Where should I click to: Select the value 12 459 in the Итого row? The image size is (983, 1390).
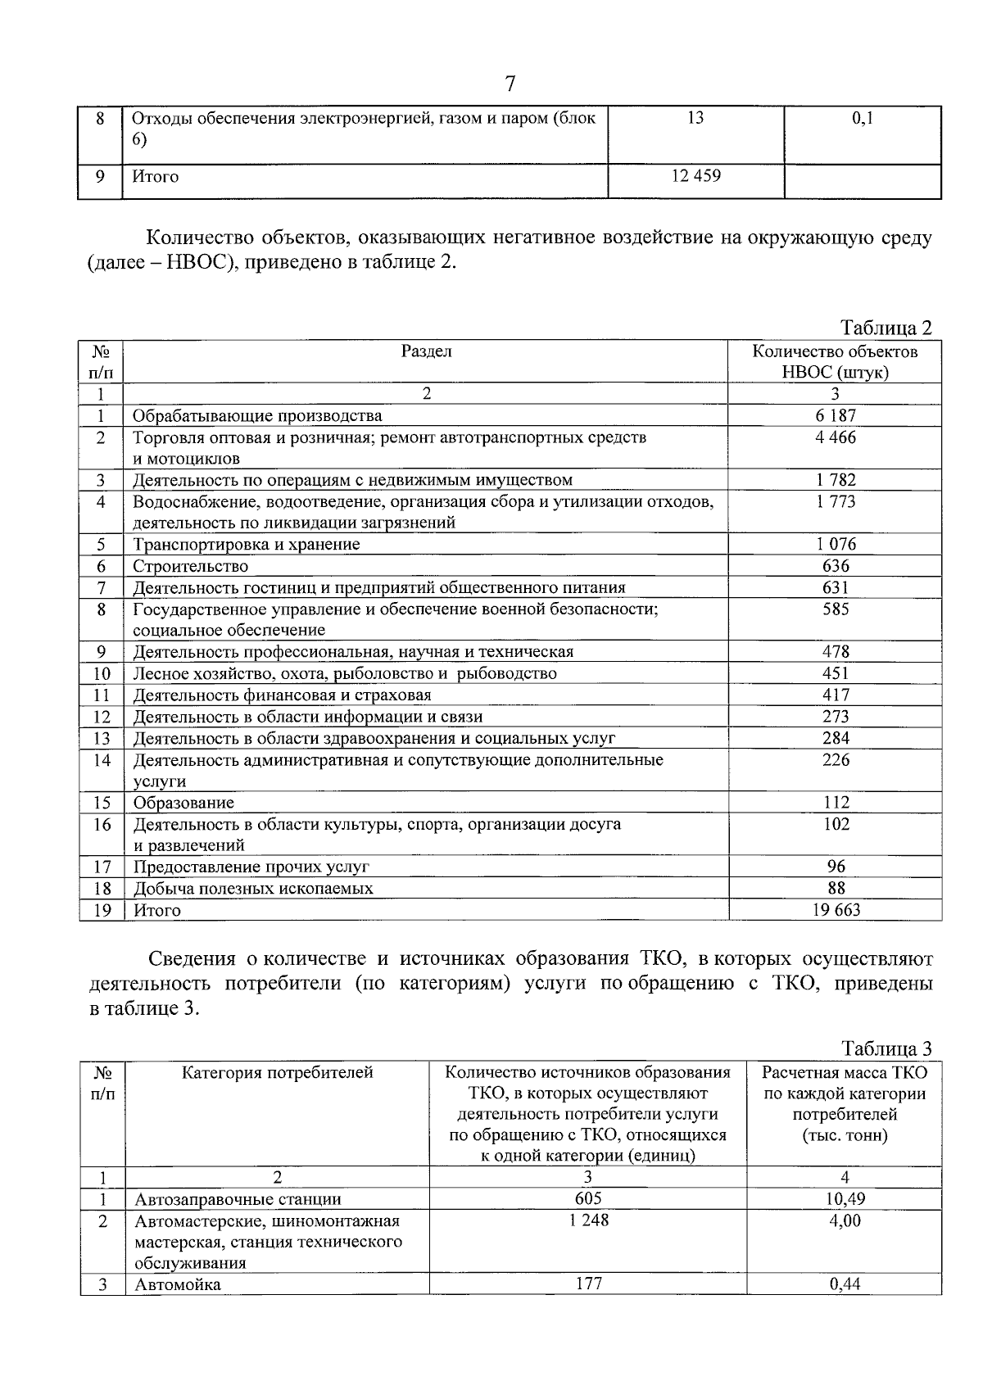coord(695,176)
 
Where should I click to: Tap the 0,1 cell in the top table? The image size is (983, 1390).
coord(863,118)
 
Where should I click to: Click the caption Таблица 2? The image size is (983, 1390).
coord(887,328)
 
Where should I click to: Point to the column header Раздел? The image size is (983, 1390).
coord(426,351)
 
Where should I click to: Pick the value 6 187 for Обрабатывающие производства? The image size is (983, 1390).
coord(835,415)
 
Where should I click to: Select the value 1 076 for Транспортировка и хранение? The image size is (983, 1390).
coord(835,544)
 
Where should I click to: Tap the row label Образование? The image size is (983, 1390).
coord(183,803)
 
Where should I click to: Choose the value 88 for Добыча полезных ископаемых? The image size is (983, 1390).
coord(836,888)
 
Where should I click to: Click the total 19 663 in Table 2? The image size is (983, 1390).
coord(835,910)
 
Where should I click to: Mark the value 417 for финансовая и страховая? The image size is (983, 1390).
coord(836,695)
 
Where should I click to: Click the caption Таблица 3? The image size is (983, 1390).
coord(887,1049)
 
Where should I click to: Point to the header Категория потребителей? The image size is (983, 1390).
coord(277,1073)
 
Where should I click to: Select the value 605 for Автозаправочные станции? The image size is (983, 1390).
coord(587,1199)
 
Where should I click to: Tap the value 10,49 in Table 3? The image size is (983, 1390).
coord(845,1199)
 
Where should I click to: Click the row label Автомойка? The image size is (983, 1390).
coord(178,1284)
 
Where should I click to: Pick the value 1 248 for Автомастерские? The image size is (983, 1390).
coord(587,1220)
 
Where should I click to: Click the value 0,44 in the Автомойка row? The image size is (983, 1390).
coord(845,1284)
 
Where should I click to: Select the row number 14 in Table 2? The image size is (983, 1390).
coord(102,760)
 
